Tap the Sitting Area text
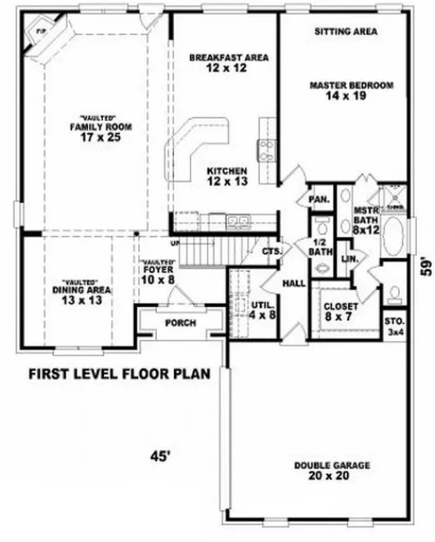coord(345,32)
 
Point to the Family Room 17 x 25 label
coord(101,132)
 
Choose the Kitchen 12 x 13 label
coord(226,175)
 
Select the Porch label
coord(180,322)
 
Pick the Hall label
coord(294,283)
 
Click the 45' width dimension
coord(159,457)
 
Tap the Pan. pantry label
coord(318,199)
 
